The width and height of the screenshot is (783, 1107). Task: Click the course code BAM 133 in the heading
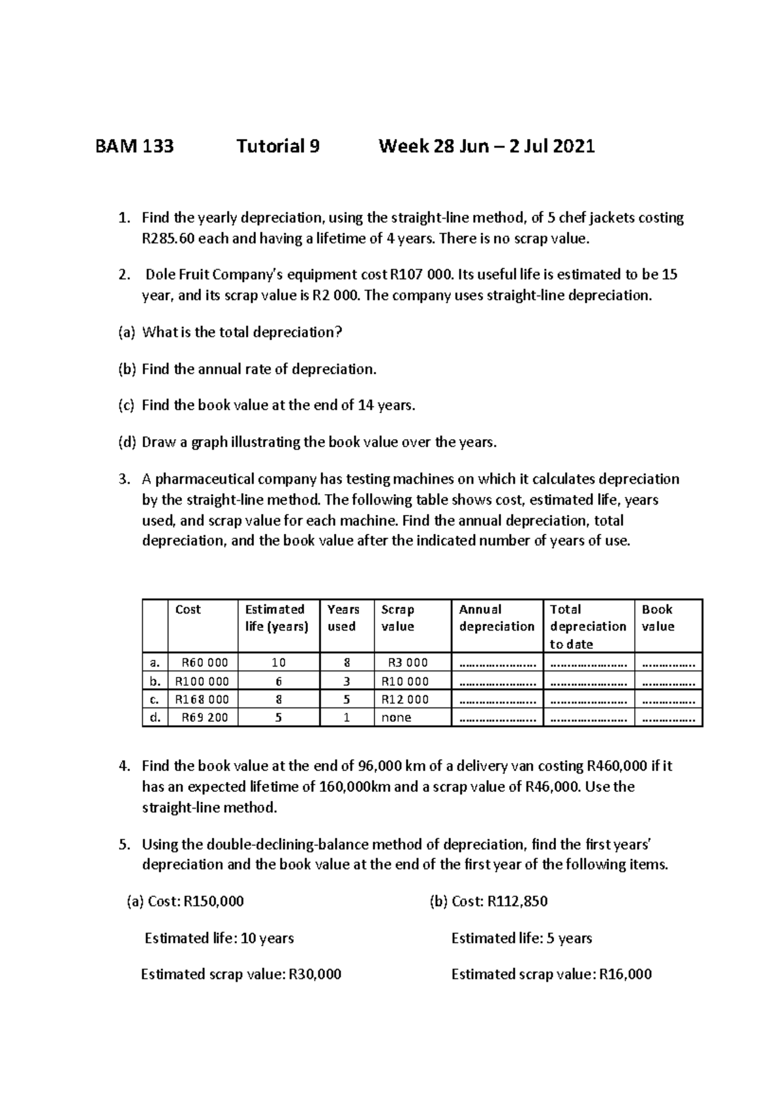(x=134, y=146)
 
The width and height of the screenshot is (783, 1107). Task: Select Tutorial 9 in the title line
(x=278, y=146)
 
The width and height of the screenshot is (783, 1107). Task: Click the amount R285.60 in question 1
(x=168, y=239)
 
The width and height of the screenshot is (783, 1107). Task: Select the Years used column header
(x=343, y=618)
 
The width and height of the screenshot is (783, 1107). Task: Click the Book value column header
(x=658, y=618)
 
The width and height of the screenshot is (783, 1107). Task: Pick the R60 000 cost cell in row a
(x=204, y=663)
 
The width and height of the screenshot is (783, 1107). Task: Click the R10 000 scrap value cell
(x=405, y=681)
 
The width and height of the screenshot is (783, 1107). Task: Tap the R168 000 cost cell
(x=202, y=700)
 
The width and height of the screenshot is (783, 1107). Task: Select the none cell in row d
(x=397, y=718)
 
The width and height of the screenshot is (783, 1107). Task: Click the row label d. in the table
(x=155, y=718)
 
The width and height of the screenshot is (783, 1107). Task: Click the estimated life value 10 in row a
(x=279, y=663)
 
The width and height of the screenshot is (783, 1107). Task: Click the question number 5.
(x=124, y=845)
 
